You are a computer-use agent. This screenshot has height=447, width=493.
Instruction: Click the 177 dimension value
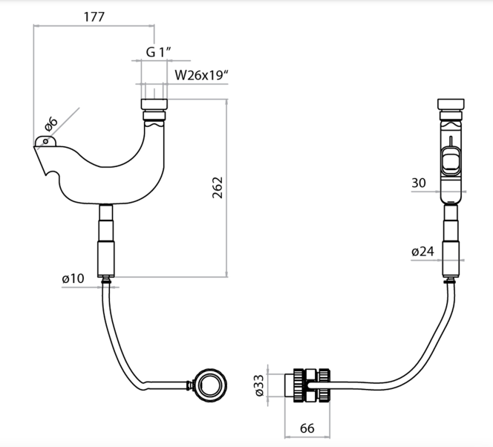[x=94, y=16]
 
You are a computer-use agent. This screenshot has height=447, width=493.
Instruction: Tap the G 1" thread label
[x=159, y=52]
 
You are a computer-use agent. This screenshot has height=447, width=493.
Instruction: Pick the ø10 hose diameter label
[x=74, y=278]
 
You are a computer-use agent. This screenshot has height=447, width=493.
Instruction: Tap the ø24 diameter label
[x=422, y=252]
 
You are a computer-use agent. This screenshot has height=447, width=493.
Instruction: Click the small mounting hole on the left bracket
[x=45, y=140]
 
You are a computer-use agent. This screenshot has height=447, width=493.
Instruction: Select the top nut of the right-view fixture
[x=451, y=104]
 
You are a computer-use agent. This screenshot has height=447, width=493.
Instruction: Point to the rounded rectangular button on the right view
[x=451, y=161]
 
